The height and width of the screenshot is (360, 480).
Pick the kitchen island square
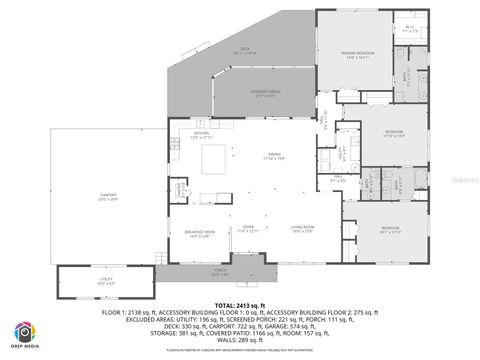[214, 158]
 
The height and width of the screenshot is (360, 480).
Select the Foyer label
[248, 229]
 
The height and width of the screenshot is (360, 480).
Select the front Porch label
[222, 271]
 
